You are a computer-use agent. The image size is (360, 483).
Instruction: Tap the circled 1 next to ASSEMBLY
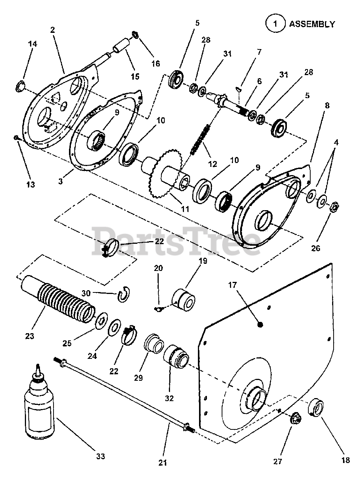pyautogui.click(x=275, y=24)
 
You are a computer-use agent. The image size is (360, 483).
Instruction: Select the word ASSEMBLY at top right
pyautogui.click(x=312, y=24)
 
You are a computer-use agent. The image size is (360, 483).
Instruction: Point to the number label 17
pyautogui.click(x=232, y=285)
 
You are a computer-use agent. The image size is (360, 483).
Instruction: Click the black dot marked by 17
pyautogui.click(x=259, y=324)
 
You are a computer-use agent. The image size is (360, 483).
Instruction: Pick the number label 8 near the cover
pyautogui.click(x=327, y=106)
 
